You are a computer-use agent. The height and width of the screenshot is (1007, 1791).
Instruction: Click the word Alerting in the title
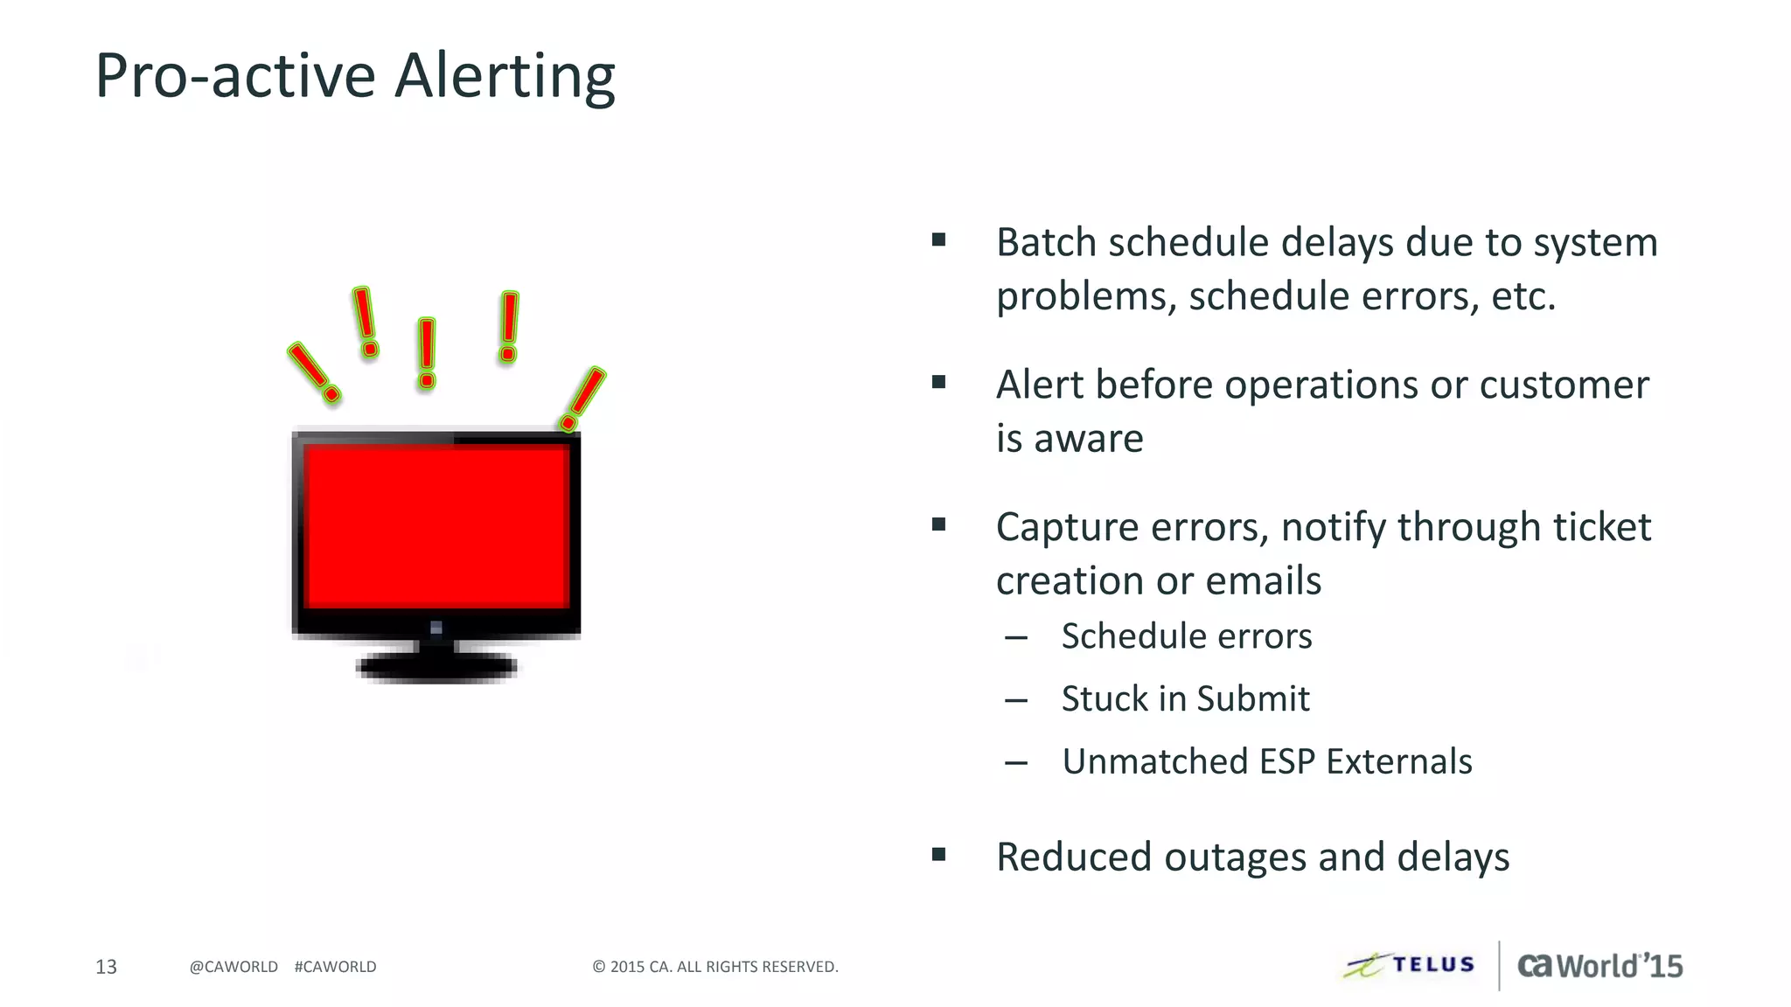pos(505,77)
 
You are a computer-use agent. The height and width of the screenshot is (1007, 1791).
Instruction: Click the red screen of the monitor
pos(437,527)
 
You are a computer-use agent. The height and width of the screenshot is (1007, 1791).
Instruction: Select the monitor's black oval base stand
pos(436,667)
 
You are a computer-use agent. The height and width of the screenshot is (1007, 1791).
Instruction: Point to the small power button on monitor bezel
pos(436,628)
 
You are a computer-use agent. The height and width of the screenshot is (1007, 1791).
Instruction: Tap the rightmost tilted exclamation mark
pos(583,398)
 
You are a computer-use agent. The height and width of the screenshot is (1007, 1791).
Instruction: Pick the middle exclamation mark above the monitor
pos(427,352)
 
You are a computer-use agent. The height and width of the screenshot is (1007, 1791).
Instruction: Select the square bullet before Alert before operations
pos(939,382)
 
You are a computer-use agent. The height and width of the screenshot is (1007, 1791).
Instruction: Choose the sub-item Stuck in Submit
pos(1185,699)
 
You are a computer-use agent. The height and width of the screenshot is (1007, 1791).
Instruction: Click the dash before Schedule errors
pos(1016,638)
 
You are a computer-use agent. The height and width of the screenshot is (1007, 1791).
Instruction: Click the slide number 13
pos(106,967)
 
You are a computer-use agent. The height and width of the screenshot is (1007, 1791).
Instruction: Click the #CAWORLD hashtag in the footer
pos(335,967)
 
